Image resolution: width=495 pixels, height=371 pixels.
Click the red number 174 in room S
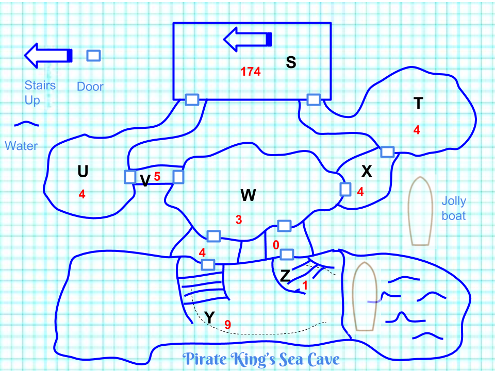(x=251, y=72)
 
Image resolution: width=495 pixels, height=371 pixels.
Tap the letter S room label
(x=291, y=62)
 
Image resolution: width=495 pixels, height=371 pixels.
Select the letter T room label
(x=418, y=104)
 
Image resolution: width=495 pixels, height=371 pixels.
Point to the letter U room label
(x=82, y=172)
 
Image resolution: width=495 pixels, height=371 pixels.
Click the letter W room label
(x=248, y=195)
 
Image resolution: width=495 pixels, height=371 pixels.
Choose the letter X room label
(x=367, y=172)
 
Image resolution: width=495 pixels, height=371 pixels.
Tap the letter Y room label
(x=209, y=317)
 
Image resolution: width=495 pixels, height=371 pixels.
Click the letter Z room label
(x=285, y=276)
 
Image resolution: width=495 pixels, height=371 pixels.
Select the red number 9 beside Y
(x=227, y=325)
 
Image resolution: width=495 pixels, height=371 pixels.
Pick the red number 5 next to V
(x=157, y=177)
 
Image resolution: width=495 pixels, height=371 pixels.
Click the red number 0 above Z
(x=276, y=244)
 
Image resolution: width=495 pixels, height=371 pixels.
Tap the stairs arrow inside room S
(x=247, y=39)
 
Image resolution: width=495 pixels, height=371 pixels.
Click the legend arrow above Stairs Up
(x=48, y=55)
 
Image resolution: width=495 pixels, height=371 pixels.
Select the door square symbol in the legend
(x=93, y=56)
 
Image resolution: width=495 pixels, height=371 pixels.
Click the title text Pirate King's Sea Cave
(x=262, y=359)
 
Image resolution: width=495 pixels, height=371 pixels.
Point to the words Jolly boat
(x=454, y=208)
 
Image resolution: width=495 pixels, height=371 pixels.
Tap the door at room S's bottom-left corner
(x=192, y=100)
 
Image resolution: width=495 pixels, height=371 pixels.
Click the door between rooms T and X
(x=387, y=152)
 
